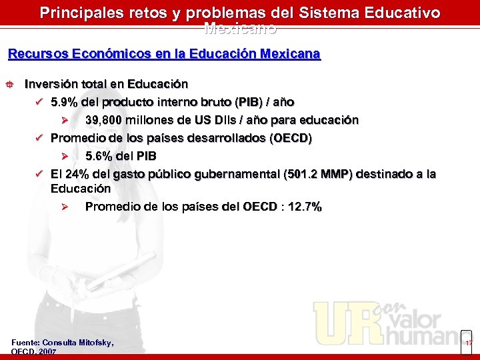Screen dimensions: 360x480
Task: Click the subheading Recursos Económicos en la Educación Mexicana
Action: [164, 53]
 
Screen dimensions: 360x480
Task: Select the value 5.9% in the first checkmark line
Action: [64, 102]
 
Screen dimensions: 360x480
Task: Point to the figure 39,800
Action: [104, 120]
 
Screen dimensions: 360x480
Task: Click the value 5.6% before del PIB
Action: [99, 156]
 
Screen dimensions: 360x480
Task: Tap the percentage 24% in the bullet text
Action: [77, 174]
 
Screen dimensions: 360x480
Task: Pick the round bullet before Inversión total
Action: [11, 85]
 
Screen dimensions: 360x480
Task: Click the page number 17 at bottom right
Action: [469, 343]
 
